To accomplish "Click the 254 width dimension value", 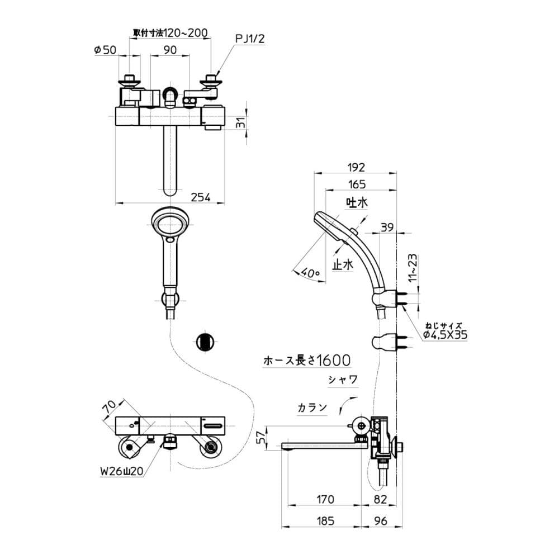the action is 200,197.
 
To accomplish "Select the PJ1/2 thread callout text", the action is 250,39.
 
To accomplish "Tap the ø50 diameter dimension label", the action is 105,50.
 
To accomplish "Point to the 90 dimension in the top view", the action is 170,50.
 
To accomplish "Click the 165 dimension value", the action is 357,184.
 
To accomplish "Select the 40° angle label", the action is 310,273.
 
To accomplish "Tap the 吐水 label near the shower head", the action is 357,202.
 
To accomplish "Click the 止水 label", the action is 343,264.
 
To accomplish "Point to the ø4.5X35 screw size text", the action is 444,334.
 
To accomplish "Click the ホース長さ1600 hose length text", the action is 307,360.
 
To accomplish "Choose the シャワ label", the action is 343,380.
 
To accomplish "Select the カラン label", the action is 312,407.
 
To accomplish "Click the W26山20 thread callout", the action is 121,471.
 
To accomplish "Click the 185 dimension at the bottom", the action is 325,521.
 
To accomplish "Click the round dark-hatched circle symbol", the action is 205,342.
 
